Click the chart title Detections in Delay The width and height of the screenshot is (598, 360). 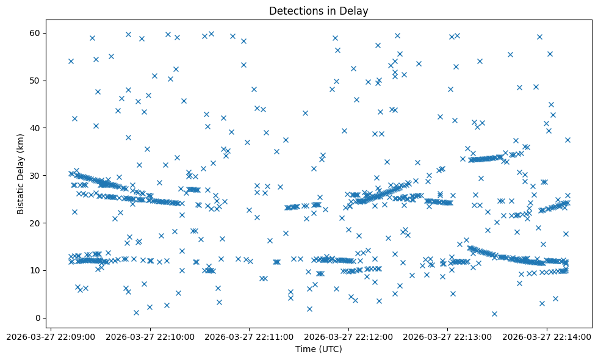319,11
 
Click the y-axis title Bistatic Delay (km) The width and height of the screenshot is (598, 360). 21,175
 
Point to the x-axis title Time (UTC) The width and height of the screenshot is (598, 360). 319,349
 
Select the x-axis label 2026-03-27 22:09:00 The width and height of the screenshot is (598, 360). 51,336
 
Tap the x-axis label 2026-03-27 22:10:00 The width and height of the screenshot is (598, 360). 150,336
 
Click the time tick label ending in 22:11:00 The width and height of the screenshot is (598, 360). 249,336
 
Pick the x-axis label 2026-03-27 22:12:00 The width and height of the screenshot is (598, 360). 348,336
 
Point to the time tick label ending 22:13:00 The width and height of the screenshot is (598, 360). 447,336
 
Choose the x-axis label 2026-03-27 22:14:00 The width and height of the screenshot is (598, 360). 547,336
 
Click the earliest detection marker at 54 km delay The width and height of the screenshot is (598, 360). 71,61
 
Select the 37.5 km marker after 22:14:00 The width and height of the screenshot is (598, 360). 567,140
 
